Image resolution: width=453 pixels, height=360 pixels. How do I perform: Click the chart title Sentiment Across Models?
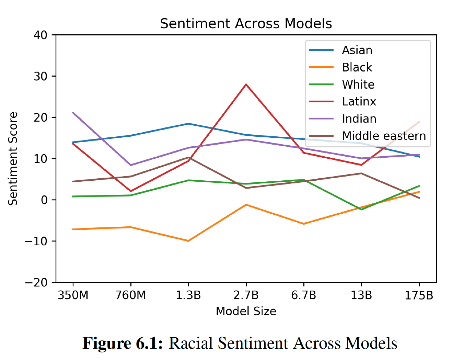(x=246, y=24)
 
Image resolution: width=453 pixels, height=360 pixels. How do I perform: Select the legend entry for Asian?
(x=357, y=50)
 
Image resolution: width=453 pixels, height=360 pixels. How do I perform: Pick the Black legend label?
(x=357, y=67)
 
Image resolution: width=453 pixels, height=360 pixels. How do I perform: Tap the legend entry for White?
(x=358, y=85)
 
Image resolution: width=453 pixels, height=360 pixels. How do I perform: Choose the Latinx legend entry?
(x=359, y=102)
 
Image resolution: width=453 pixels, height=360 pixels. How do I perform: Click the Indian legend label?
(x=359, y=119)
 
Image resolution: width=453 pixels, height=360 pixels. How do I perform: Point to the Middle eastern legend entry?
(x=384, y=136)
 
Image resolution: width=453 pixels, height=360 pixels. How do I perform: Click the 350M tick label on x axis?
(x=73, y=295)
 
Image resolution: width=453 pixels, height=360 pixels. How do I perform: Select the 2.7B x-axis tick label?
(x=246, y=295)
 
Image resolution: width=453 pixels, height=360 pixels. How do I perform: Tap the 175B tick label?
(x=419, y=295)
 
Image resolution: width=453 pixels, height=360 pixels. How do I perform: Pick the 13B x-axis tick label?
(x=361, y=295)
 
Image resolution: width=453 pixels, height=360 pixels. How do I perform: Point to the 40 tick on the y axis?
(x=40, y=35)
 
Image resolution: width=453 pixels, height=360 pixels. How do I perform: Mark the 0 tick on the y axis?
(x=44, y=200)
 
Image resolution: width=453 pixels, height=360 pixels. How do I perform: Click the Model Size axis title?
(x=246, y=311)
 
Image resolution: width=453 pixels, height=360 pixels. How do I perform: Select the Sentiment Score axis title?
(x=13, y=159)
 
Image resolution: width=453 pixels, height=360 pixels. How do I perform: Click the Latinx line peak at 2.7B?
(x=246, y=84)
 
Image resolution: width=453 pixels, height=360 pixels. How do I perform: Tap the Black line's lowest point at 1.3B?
(x=188, y=241)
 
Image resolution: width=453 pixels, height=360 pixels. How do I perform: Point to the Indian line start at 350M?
(x=73, y=112)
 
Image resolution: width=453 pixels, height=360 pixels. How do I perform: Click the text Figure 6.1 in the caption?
(x=123, y=343)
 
